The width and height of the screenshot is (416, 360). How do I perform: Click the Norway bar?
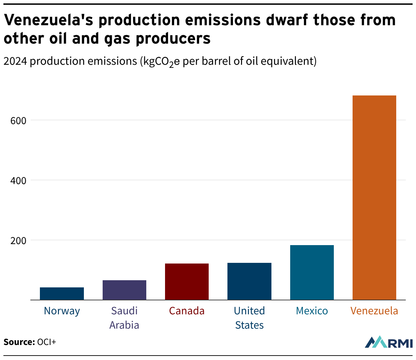pos(62,294)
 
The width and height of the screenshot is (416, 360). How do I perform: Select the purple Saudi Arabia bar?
pos(124,290)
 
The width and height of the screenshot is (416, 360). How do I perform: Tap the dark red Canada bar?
pos(187,282)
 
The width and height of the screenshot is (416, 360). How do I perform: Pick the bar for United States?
pos(249,281)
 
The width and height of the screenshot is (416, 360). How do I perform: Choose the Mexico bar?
pos(312,272)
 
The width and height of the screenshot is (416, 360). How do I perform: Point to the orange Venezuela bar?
pos(374,198)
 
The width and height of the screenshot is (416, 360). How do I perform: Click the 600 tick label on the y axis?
pos(18,121)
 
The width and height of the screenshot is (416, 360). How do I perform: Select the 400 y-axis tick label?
pos(18,181)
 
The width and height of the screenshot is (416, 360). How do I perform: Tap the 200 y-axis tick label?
pos(18,241)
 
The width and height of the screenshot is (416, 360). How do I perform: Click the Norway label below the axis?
pos(62,311)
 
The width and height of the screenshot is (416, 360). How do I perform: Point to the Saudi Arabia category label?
pos(124,318)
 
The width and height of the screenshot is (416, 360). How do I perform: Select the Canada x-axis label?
pos(187,311)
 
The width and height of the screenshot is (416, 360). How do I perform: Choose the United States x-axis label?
pos(249,318)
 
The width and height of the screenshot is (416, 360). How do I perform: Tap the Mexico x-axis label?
pos(312,311)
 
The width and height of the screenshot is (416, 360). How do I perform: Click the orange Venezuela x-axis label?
pos(374,311)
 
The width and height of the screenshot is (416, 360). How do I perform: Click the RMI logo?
pos(389,342)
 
